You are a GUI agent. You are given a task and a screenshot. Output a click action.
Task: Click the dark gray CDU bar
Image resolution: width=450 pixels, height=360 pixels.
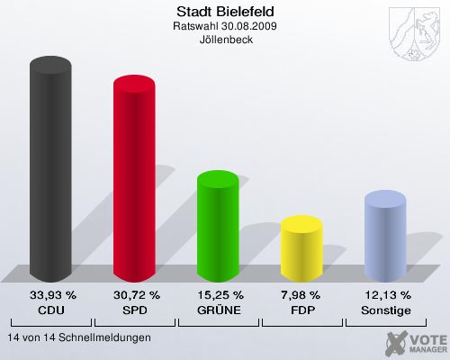coord(51,171)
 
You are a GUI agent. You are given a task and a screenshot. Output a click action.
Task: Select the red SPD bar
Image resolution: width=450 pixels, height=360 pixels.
coord(134,180)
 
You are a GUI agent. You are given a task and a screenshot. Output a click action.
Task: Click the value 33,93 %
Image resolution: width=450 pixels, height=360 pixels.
coord(52,295)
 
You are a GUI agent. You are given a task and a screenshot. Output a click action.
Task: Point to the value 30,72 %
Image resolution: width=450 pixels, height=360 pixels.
coord(136,295)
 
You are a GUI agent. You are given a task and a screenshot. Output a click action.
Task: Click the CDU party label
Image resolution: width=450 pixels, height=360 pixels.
coord(52,310)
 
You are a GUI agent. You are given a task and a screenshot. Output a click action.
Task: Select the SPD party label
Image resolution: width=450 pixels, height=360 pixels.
coord(136,310)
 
